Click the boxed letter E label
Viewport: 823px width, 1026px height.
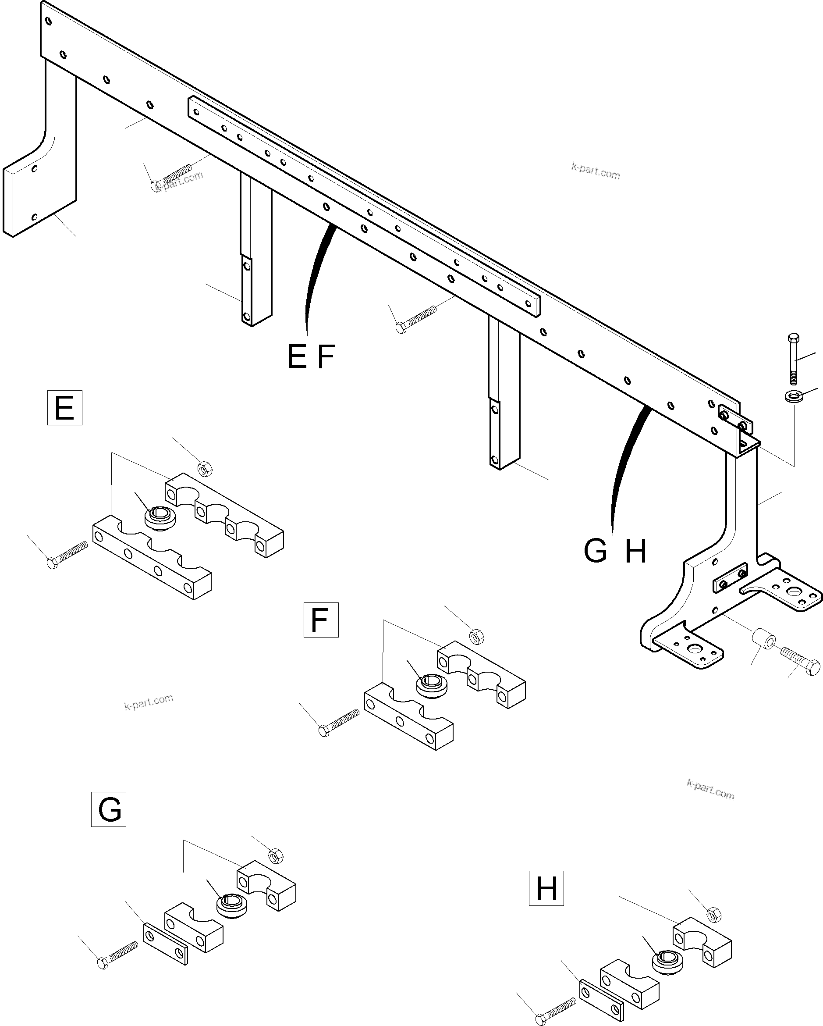point(65,408)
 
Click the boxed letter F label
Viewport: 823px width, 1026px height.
point(321,620)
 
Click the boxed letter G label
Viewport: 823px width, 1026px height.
point(109,809)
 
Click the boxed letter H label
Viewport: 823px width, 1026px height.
point(546,888)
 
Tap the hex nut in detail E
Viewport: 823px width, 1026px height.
point(205,469)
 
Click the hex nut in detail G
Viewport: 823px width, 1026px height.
point(276,855)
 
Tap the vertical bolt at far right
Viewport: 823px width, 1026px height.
point(794,359)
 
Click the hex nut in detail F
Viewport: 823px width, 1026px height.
point(477,636)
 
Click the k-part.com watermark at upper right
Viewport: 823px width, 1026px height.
point(596,171)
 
